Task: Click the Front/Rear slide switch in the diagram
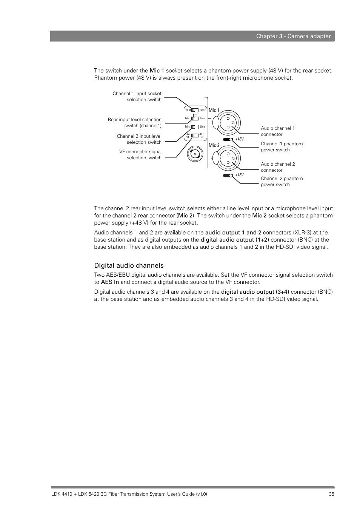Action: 195,110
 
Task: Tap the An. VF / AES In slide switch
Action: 195,135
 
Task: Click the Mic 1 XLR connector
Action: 228,122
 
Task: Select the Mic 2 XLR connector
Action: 228,158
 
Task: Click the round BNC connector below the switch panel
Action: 195,154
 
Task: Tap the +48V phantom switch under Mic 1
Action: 228,139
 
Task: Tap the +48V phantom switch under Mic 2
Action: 228,175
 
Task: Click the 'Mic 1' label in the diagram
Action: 214,110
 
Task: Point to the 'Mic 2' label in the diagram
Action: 214,145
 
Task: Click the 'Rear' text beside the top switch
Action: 203,110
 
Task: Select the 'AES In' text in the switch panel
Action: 202,136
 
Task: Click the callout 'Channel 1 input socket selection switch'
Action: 137,97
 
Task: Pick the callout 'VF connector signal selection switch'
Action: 140,155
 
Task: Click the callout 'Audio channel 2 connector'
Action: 278,167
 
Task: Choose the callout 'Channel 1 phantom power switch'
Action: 282,147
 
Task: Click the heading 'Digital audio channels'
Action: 129,265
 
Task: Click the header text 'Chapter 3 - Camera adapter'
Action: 293,36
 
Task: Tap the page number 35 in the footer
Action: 331,494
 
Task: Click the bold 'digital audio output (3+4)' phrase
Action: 255,292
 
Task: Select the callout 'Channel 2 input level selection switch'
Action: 139,139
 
